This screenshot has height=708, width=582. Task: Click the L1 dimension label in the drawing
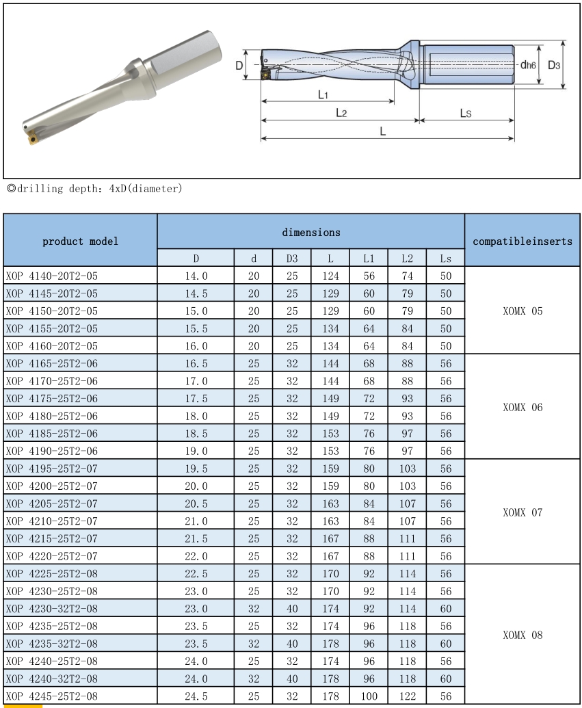[323, 94]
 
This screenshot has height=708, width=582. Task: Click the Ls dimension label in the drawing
[465, 114]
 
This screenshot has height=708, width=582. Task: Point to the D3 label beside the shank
[554, 65]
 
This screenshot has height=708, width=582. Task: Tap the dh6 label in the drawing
[527, 65]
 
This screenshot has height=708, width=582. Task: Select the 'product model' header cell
[80, 241]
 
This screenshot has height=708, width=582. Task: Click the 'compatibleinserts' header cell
[523, 241]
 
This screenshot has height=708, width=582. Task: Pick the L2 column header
[407, 259]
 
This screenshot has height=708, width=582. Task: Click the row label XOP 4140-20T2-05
[52, 276]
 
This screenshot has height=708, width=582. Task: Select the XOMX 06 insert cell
[523, 407]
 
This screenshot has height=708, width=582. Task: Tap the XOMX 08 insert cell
[523, 635]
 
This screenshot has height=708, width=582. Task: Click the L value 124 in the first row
[330, 276]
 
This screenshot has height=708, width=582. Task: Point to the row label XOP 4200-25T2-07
[52, 486]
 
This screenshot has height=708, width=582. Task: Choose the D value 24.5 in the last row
[196, 696]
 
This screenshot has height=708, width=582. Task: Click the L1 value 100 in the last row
[369, 696]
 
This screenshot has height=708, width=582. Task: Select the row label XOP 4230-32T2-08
[52, 609]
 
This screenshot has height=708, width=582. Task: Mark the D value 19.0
[196, 451]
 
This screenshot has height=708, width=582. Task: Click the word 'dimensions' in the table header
[311, 233]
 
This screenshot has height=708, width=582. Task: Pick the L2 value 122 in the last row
[407, 696]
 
